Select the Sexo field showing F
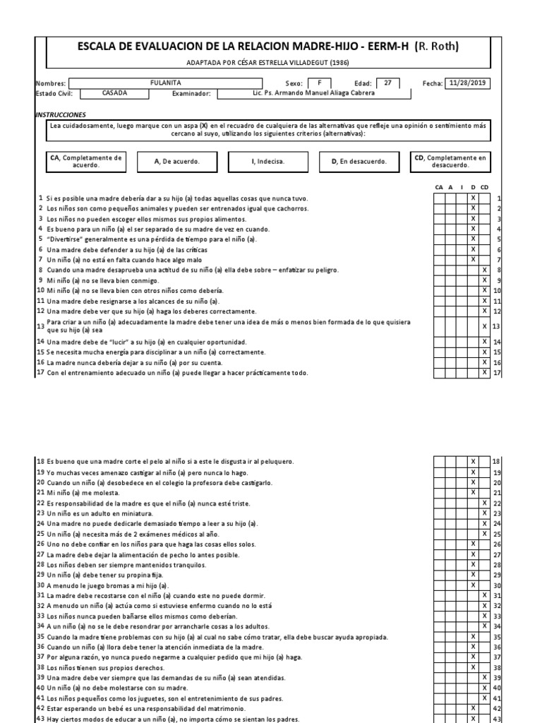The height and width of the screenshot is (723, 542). pos(319,83)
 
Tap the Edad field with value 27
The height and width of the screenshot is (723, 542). pos(387,83)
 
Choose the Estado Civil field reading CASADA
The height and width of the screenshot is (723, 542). pos(114,92)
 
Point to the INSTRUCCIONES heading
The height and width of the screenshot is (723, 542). pos(61,114)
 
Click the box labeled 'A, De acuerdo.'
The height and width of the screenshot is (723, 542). pos(176,161)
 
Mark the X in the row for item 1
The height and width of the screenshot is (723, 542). pos(474,198)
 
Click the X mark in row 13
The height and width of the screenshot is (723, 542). pos(484,326)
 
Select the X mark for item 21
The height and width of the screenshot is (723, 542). pos(474,492)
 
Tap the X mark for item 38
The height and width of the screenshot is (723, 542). pos(474,667)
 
